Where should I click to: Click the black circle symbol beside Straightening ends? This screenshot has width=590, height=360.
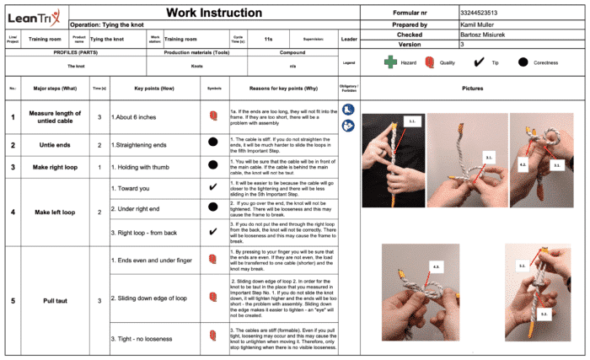click(213, 145)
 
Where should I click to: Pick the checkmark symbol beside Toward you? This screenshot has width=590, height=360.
click(213, 186)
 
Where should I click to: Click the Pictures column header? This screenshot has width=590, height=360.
click(473, 88)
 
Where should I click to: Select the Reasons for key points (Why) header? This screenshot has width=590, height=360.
click(283, 88)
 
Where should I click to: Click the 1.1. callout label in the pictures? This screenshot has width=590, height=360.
click(413, 121)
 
